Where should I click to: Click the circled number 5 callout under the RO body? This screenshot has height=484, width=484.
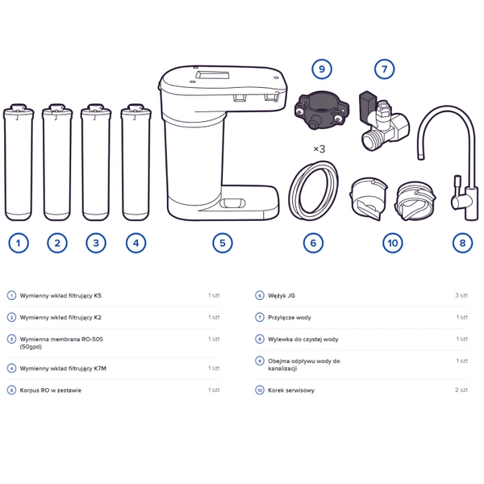click(223, 243)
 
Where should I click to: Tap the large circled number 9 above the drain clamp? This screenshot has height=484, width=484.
click(322, 69)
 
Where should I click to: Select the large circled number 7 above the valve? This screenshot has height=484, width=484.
click(384, 69)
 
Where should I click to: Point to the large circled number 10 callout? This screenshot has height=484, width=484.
click(393, 243)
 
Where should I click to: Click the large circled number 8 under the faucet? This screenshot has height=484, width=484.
click(462, 243)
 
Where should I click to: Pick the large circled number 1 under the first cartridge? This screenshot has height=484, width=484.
click(19, 243)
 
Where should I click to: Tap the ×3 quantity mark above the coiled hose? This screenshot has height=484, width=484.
click(319, 149)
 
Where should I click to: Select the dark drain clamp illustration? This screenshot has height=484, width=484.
click(321, 109)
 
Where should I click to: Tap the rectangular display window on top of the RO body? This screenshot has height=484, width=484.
click(212, 75)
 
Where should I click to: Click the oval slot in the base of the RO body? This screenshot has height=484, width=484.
click(232, 203)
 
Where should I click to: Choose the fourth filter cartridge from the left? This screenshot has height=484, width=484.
click(136, 162)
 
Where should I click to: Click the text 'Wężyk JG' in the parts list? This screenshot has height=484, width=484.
click(282, 295)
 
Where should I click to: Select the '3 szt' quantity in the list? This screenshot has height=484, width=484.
click(461, 295)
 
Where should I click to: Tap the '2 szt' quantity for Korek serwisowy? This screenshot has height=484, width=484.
click(461, 390)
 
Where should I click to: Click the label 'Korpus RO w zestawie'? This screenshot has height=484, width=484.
click(50, 390)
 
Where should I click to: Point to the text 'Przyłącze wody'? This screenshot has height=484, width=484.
click(290, 317)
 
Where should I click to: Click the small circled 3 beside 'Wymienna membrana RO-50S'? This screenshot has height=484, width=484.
click(11, 340)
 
